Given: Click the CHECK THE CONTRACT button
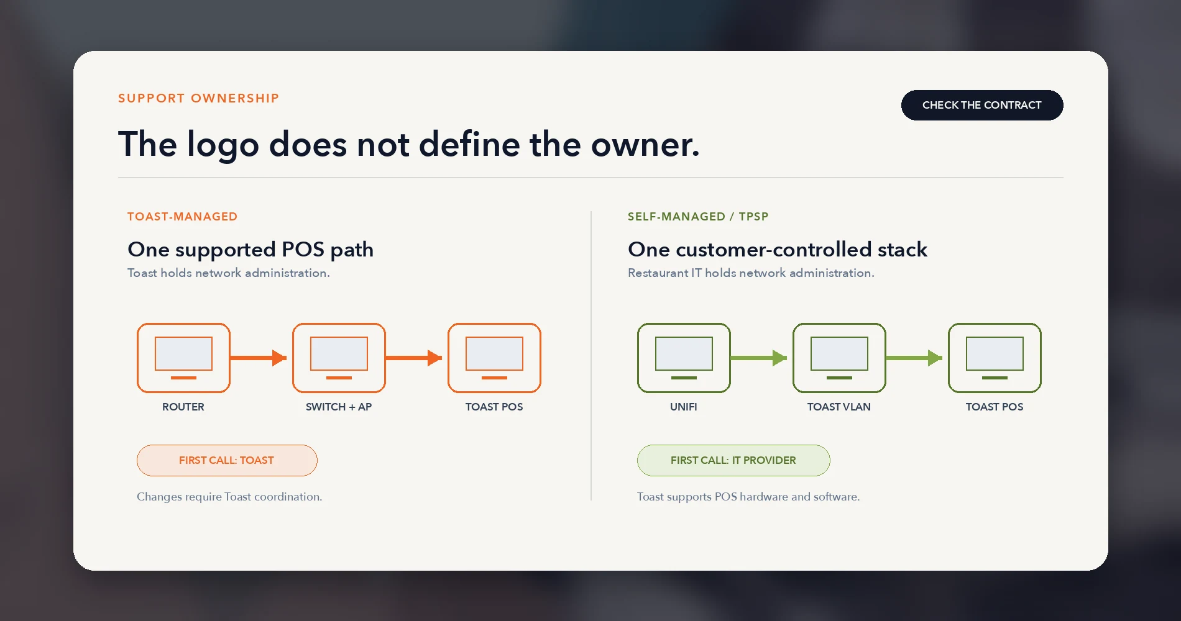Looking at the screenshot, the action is point(982,105).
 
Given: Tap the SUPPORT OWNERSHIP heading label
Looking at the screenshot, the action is point(199,98).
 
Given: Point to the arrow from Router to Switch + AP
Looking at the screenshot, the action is point(259,358).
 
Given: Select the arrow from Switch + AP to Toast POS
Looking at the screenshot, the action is point(414,358).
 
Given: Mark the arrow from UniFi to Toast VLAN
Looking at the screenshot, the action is point(759,358).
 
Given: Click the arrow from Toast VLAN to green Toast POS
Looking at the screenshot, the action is point(914,358).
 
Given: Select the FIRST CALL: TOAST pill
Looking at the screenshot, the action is point(227,460).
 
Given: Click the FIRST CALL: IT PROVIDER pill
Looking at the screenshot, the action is point(733,460).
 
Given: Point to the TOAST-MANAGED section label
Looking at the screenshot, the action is point(182,217).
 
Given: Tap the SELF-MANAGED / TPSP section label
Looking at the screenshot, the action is point(698,217).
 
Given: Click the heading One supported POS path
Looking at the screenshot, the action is point(250,250).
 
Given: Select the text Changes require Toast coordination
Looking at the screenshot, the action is point(229,497).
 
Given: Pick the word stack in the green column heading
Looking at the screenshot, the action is point(903,250).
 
